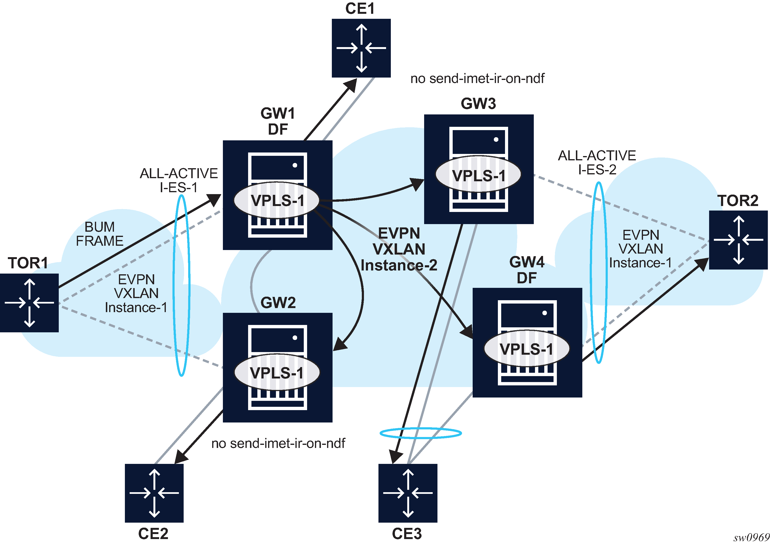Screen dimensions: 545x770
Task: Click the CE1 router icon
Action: pyautogui.click(x=361, y=48)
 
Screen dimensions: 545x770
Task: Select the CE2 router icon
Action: pyautogui.click(x=154, y=493)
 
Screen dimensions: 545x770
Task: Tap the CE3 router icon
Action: pyautogui.click(x=408, y=493)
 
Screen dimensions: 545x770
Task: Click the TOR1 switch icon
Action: pyautogui.click(x=29, y=302)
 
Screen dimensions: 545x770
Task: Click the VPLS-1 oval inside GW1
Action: pyautogui.click(x=276, y=200)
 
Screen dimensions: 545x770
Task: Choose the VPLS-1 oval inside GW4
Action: pyautogui.click(x=526, y=349)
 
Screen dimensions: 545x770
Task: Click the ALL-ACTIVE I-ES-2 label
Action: pyautogui.click(x=597, y=162)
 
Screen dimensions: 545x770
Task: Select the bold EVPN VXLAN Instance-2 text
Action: pyautogui.click(x=399, y=249)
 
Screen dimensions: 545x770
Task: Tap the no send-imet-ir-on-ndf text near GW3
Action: pyautogui.click(x=477, y=79)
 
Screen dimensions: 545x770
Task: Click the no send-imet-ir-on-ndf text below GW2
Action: pyautogui.click(x=278, y=443)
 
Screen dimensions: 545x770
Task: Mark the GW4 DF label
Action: pyautogui.click(x=527, y=270)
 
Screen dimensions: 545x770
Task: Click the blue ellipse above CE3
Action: pyautogui.click(x=420, y=433)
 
